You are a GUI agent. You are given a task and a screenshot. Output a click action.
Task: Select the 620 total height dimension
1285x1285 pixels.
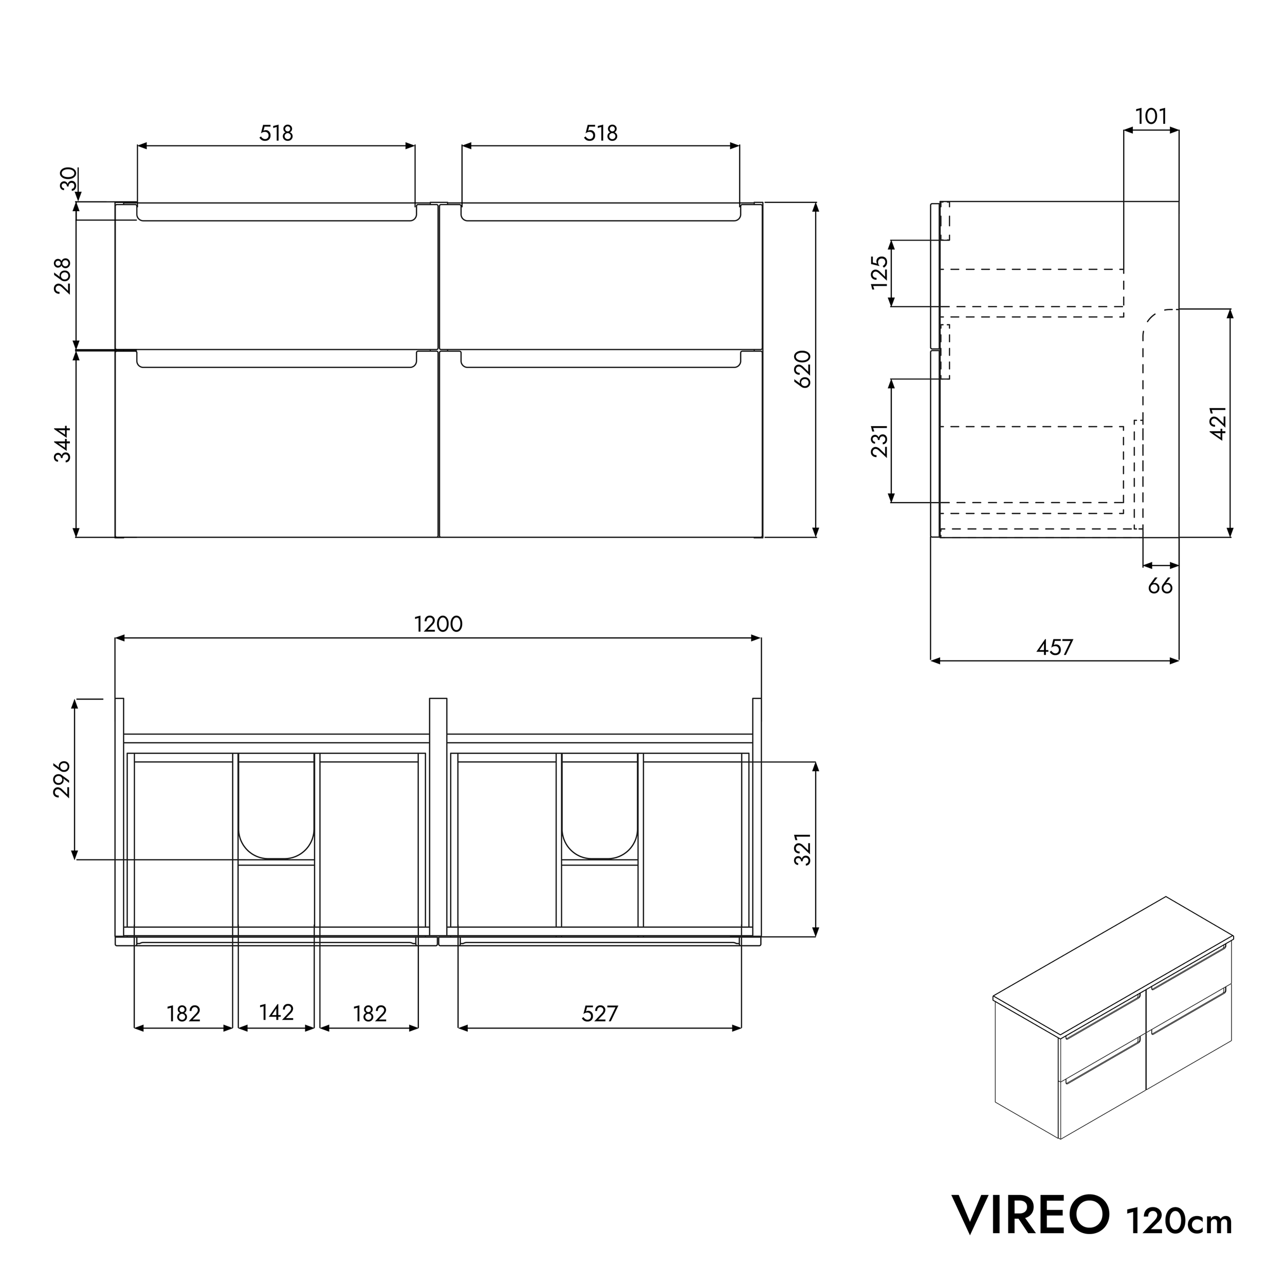tap(803, 369)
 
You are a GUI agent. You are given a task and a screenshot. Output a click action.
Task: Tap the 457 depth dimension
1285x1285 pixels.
tap(1054, 647)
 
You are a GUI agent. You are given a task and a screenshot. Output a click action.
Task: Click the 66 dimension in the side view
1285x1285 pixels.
tap(1160, 585)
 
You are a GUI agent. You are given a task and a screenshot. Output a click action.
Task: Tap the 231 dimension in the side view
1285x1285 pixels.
tap(880, 440)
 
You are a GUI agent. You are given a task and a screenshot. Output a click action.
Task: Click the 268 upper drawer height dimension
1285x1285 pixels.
tap(63, 276)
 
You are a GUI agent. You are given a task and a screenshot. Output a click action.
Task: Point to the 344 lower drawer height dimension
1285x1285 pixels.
tap(63, 444)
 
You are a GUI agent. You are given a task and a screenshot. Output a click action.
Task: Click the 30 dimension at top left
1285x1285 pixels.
tap(68, 179)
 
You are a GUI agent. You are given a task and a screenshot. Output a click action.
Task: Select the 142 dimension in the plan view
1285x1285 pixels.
tap(276, 1012)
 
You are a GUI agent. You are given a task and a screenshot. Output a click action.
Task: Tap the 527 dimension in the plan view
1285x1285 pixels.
tap(599, 1013)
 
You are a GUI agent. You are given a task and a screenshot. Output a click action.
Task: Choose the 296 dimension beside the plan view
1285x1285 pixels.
tap(61, 779)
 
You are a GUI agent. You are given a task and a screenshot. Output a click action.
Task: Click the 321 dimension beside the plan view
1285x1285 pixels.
tap(803, 849)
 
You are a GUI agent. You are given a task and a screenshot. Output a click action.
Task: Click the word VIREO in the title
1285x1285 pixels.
tap(1031, 1215)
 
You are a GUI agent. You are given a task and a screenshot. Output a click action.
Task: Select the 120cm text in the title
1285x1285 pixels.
tap(1179, 1221)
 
